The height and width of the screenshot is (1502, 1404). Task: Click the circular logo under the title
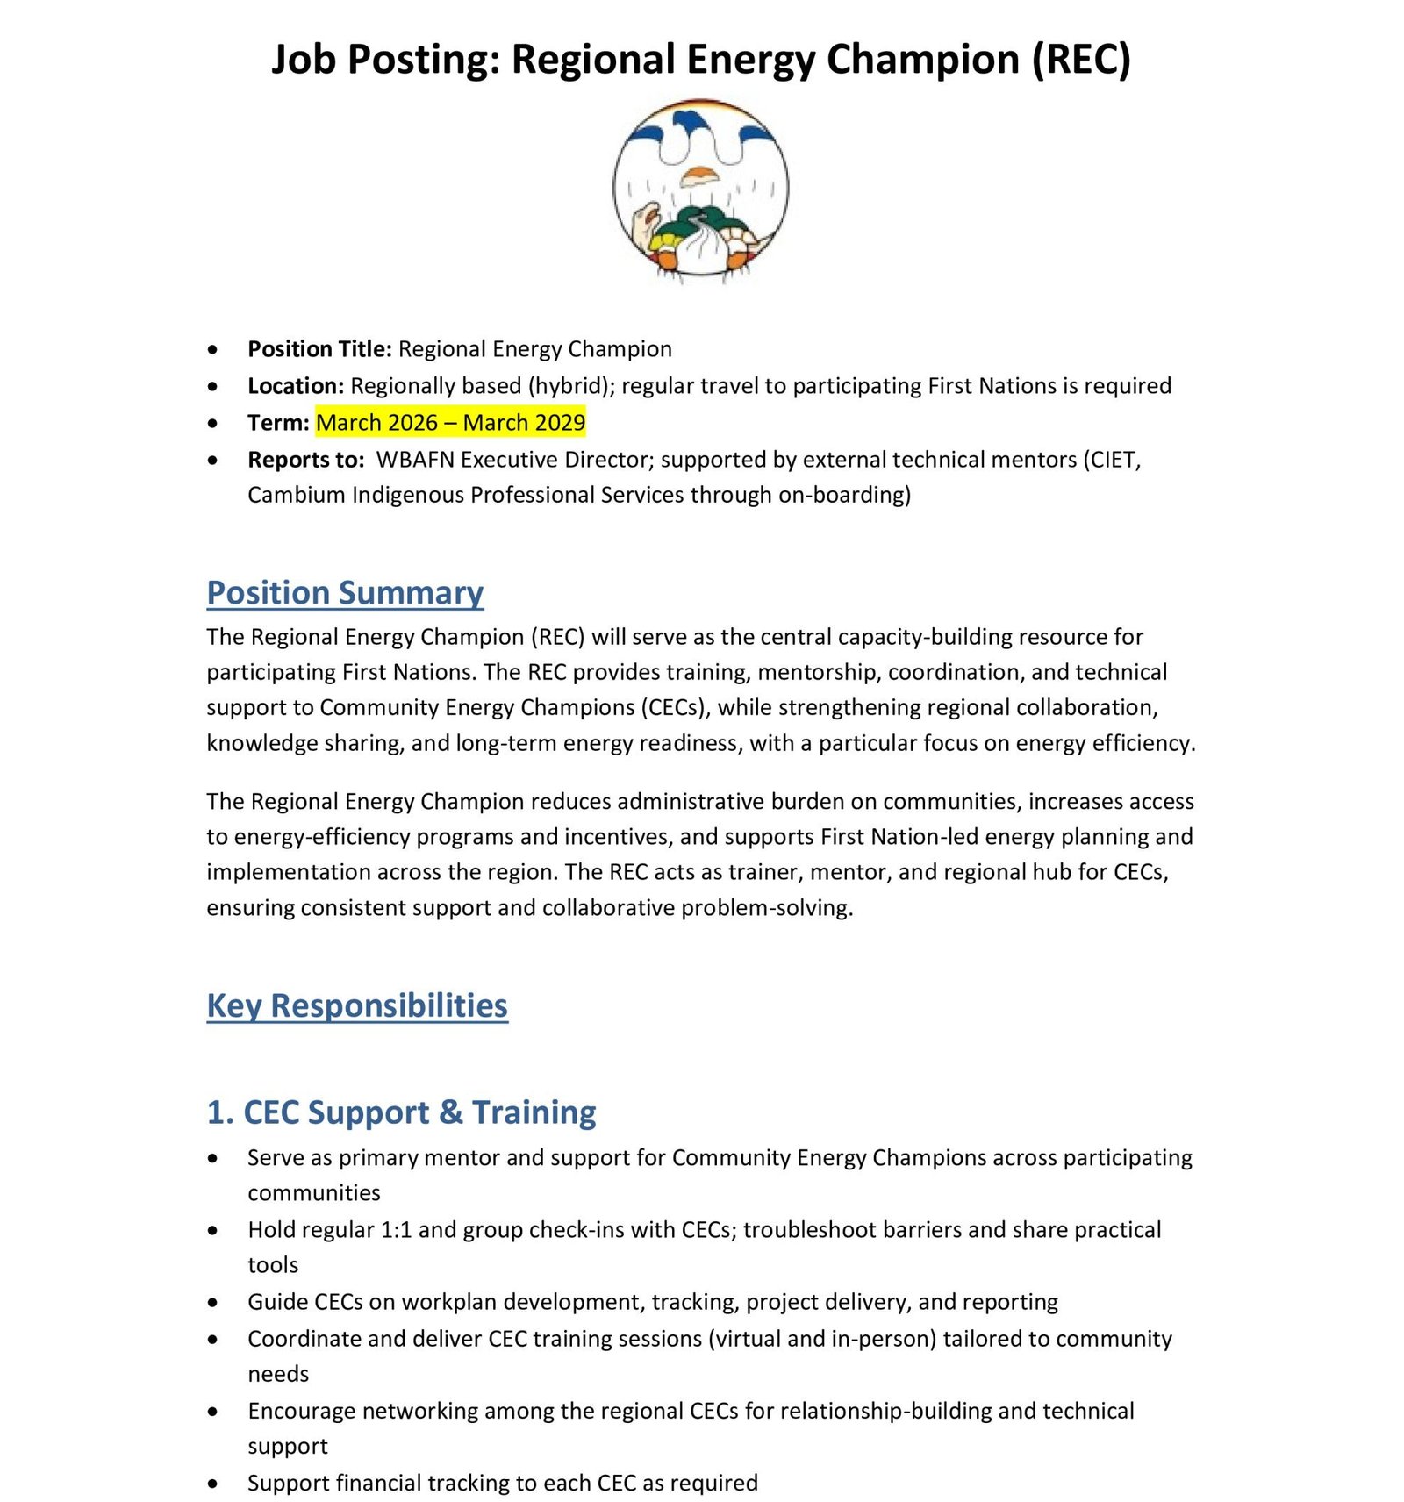(x=700, y=189)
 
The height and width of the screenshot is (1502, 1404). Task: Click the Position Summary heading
(x=345, y=593)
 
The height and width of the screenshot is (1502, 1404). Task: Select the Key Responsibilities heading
(x=357, y=1005)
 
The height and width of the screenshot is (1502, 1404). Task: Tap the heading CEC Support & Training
(x=401, y=1112)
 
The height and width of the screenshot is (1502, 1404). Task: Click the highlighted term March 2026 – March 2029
(x=450, y=423)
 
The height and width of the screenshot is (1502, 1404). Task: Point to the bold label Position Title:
(x=319, y=349)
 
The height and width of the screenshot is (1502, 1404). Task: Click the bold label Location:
(x=296, y=386)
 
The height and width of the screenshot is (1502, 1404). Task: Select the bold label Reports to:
(x=305, y=460)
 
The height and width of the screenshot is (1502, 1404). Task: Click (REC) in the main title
(x=1081, y=60)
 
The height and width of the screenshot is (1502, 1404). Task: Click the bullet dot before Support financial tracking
(x=213, y=1484)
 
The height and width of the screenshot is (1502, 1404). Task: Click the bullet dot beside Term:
(x=213, y=424)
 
